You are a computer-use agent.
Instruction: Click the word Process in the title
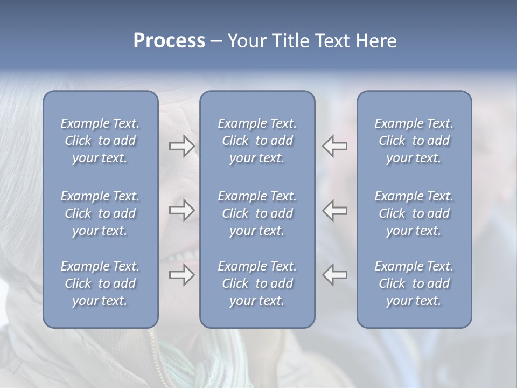click(169, 41)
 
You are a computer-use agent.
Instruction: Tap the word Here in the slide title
click(375, 41)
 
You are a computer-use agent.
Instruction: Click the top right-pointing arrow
click(181, 146)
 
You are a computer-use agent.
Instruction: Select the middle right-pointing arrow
click(181, 210)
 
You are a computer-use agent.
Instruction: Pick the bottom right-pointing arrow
click(181, 275)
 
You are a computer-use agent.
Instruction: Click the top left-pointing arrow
click(334, 146)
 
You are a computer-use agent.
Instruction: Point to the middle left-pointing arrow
click(334, 210)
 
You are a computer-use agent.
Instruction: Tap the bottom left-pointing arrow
click(334, 275)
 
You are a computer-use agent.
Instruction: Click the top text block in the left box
click(100, 141)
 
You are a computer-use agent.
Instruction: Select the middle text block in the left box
click(100, 213)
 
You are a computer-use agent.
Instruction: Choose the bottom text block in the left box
click(100, 283)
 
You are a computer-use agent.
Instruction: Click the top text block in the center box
click(257, 141)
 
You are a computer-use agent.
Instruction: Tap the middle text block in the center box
click(257, 213)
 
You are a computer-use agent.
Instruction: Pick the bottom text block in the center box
click(257, 283)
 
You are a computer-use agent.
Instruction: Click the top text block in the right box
click(414, 141)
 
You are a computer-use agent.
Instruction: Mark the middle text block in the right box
click(414, 213)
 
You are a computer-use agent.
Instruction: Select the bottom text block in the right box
click(414, 283)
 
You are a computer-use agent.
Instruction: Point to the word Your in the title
click(246, 41)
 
